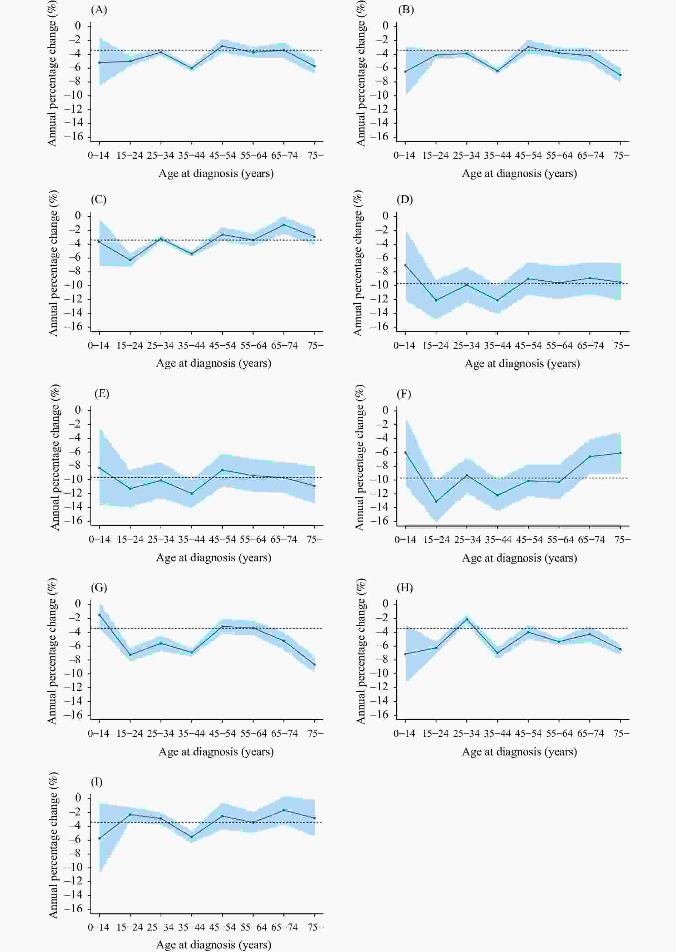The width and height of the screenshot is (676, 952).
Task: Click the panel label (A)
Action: [x=99, y=10]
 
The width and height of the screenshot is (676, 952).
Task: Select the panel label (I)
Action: [x=97, y=782]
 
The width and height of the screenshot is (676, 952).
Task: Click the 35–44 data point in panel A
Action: [x=191, y=68]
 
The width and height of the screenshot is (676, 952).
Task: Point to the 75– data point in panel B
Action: [x=620, y=75]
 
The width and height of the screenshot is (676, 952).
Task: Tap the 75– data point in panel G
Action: [x=315, y=665]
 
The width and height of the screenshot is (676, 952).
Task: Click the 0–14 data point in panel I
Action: [x=99, y=838]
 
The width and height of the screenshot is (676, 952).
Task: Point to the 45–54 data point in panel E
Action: [x=222, y=470]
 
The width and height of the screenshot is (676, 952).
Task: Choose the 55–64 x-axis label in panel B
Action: [x=559, y=156]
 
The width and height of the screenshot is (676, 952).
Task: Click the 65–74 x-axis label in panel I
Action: [x=284, y=927]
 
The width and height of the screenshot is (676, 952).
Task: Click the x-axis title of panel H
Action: [x=519, y=752]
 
